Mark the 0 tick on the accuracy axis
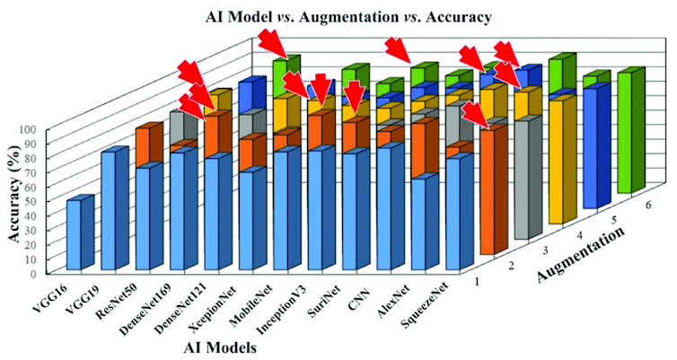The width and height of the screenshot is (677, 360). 30,272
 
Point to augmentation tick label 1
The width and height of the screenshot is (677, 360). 477,282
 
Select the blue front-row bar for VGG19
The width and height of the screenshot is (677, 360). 108,212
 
